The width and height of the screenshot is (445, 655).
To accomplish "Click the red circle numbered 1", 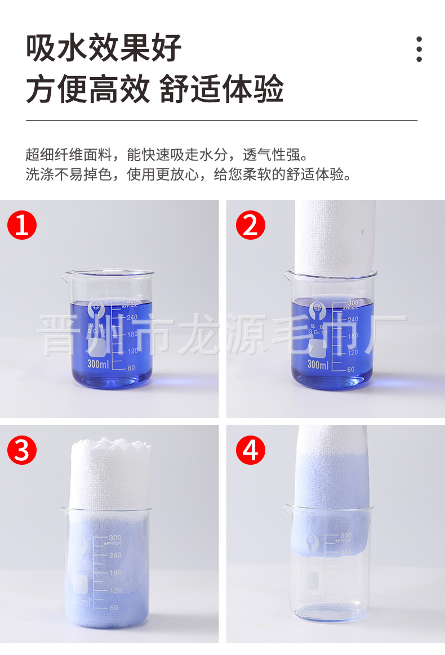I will coord(21,226).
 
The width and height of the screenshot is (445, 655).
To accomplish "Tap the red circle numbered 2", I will coord(250,226).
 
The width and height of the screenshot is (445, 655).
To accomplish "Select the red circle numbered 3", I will coord(21,451).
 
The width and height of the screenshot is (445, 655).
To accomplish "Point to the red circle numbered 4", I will coord(250,451).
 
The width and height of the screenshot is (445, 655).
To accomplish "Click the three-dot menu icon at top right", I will coord(419,50).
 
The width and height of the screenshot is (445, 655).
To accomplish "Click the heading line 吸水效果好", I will coord(104,48).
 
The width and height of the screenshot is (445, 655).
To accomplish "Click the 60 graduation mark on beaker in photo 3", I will coord(113,608).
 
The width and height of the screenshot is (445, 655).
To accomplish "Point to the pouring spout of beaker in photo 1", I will coord(66,275).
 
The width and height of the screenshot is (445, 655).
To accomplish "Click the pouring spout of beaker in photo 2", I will coord(287,274).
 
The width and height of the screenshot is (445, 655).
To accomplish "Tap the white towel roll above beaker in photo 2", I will coord(335,236).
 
